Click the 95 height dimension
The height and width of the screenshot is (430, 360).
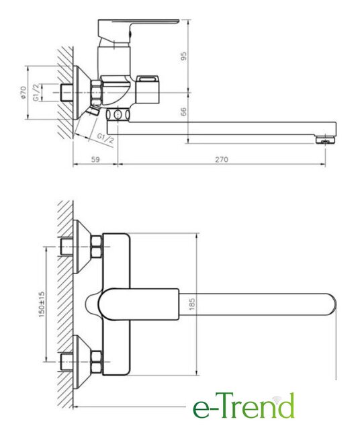184,56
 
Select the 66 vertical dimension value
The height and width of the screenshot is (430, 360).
183,112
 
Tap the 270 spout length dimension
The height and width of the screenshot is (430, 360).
221,159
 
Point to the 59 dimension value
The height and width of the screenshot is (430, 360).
95,159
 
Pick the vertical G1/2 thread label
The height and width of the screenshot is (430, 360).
36,93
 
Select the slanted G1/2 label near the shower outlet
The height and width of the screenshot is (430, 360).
105,139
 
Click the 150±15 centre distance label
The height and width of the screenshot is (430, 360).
42,304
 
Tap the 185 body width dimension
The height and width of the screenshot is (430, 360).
192,304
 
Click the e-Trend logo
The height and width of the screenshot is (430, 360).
244,406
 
